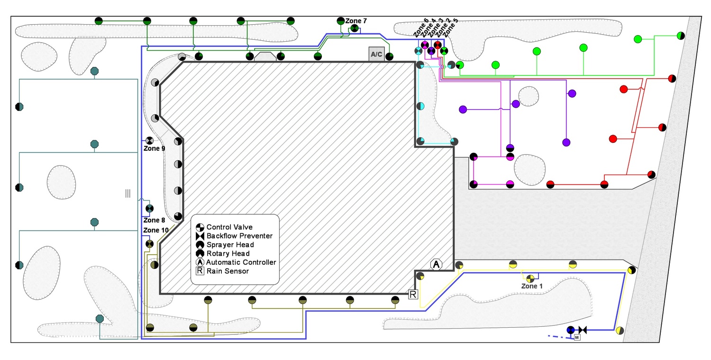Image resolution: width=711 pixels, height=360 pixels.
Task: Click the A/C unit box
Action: pos(376,54)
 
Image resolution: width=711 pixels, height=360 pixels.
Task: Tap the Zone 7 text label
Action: pos(355,21)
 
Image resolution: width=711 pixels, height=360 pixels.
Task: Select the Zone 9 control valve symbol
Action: pos(149,140)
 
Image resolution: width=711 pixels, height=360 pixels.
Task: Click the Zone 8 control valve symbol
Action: pos(149,208)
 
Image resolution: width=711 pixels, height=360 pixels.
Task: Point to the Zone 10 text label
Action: pos(155,231)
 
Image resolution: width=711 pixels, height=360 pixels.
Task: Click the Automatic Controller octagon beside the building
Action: pos(436,264)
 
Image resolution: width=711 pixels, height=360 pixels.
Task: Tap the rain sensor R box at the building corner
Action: pos(413,295)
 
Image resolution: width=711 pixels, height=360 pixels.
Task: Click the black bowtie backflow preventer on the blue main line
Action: pos(583,330)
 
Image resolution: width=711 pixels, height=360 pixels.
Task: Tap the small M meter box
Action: pos(577,337)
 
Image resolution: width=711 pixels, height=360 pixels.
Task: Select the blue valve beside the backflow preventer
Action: pos(571,330)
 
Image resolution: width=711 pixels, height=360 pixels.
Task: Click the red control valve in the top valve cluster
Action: pos(438,45)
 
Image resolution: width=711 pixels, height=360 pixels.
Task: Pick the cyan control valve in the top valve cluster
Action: pos(419,51)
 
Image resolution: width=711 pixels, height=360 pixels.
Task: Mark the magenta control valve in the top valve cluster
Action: pos(425,45)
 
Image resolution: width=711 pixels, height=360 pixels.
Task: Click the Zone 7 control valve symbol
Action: pos(354,29)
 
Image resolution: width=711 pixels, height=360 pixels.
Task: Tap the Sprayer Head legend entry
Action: pos(230,245)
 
